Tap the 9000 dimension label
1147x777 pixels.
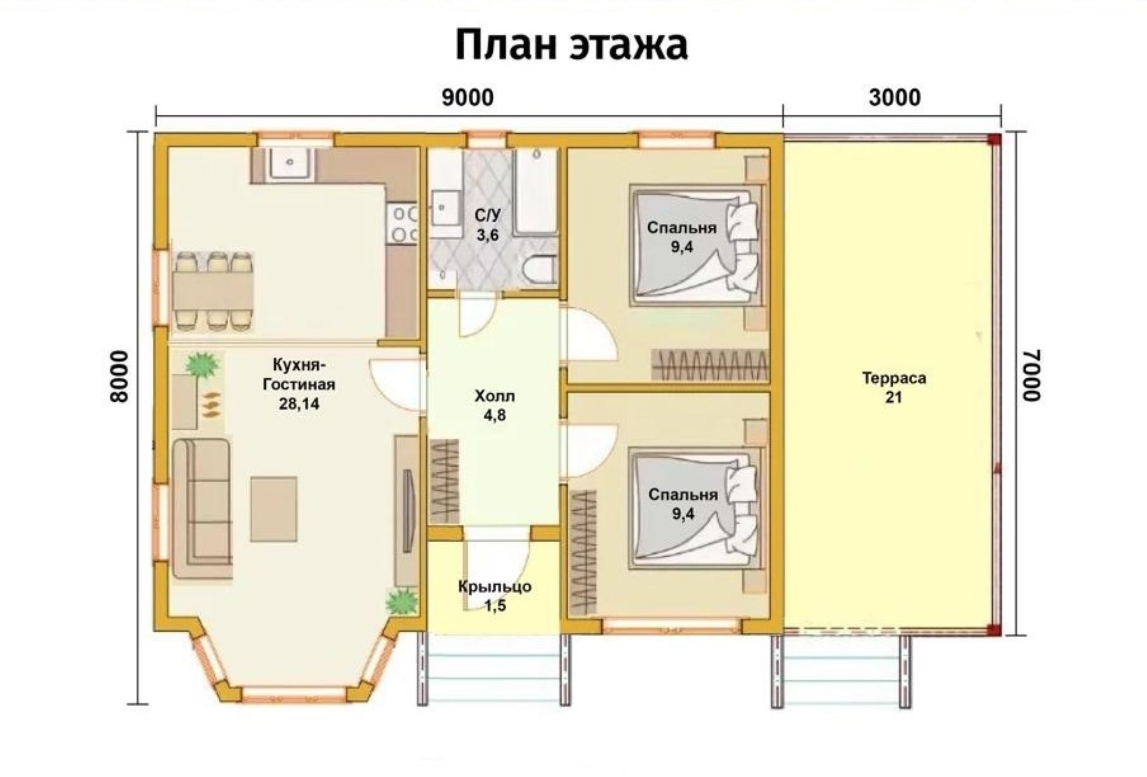click(x=468, y=97)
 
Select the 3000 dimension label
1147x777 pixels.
click(x=894, y=97)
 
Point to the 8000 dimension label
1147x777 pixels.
click(x=119, y=377)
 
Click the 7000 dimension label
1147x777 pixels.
click(x=1031, y=375)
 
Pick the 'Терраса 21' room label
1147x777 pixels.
click(x=894, y=387)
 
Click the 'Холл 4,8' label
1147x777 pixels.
click(x=495, y=405)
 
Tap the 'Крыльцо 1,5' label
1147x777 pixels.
click(x=495, y=596)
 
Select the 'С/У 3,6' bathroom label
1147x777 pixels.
click(x=487, y=225)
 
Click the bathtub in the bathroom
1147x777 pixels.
click(x=536, y=191)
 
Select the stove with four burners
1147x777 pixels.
click(x=404, y=224)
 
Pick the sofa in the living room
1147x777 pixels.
click(x=202, y=508)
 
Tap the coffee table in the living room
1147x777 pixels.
click(x=274, y=509)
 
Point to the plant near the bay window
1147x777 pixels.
click(x=401, y=601)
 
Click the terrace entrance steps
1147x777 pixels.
click(x=842, y=669)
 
